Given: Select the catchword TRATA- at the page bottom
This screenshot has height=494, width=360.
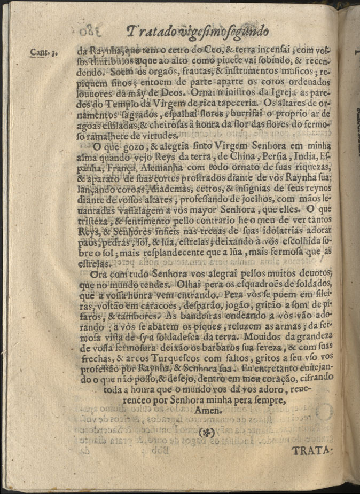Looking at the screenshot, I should (x=312, y=451).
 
